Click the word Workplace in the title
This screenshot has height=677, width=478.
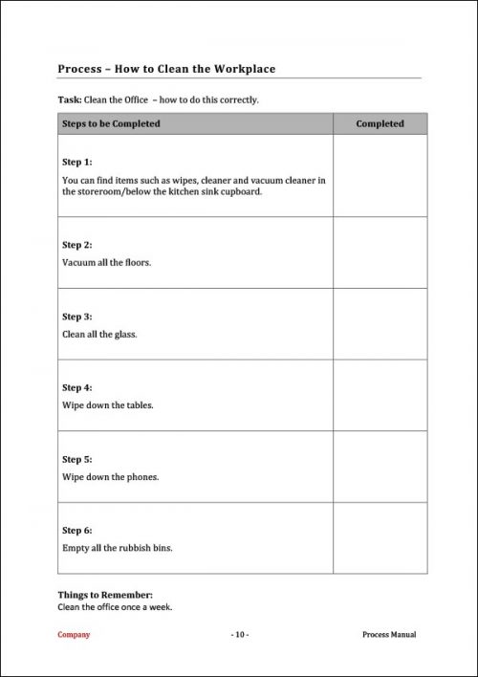pos(240,69)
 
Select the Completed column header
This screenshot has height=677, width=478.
pos(380,123)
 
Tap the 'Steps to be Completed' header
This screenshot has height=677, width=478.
pos(111,123)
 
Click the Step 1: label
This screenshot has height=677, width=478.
pos(77,162)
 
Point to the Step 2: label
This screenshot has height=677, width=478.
pos(77,245)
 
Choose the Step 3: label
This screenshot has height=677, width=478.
pos(77,317)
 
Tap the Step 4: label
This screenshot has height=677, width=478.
pos(77,388)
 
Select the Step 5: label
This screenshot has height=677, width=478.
pos(77,460)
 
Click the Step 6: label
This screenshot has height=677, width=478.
pos(77,531)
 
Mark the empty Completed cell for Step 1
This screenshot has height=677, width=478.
pos(380,176)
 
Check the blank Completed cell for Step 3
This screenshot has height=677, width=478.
pos(380,324)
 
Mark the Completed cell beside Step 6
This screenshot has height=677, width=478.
pos(380,538)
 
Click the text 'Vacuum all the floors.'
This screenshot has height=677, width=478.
pos(106,262)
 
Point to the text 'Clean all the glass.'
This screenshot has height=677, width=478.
pos(99,334)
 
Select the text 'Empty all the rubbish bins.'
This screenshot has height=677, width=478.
pos(118,548)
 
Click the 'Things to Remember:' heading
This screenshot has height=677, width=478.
pos(105,595)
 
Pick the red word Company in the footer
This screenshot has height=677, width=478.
pos(74,635)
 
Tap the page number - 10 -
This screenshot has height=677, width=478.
pos(239,635)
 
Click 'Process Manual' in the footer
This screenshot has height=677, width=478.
pos(390,635)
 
